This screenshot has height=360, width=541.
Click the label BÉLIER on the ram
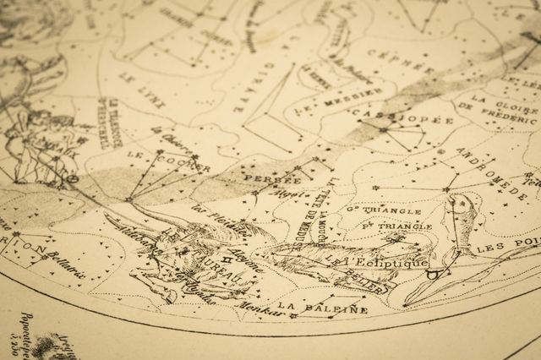[369, 280]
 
